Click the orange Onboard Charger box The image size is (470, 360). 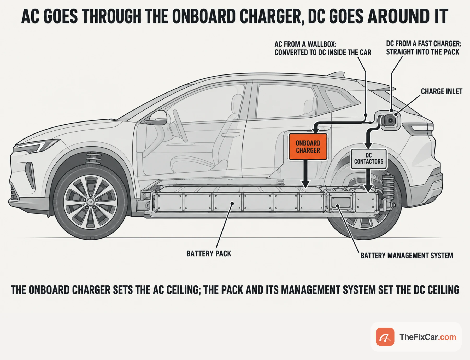[x=308, y=147]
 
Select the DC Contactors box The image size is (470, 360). [x=368, y=159]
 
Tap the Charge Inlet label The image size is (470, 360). [x=442, y=91]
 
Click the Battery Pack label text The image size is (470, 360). [x=209, y=253]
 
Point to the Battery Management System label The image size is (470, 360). [x=407, y=256]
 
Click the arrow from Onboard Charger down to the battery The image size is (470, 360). [x=305, y=174]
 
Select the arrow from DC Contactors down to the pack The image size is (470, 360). [x=368, y=181]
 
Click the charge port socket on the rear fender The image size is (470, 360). [x=390, y=120]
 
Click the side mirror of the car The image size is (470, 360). [x=157, y=118]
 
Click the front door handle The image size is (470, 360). [x=231, y=135]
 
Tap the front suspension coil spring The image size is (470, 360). [x=94, y=158]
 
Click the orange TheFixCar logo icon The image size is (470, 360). [x=385, y=337]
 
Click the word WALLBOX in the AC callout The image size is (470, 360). [x=322, y=44]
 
